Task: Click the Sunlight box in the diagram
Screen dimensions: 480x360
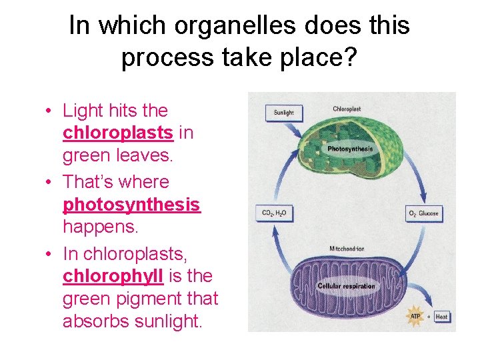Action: tap(284, 112)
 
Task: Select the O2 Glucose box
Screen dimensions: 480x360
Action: tap(425, 213)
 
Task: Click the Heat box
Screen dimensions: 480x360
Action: tap(441, 317)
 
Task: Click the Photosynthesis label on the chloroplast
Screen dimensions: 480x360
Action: tap(350, 149)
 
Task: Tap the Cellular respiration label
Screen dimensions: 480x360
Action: tap(346, 287)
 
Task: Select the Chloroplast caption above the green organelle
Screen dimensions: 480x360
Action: tap(348, 109)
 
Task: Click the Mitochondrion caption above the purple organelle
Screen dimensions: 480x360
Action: tap(347, 249)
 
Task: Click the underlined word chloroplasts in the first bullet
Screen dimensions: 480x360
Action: tap(118, 133)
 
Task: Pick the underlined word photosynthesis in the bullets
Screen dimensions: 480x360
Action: tap(131, 205)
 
